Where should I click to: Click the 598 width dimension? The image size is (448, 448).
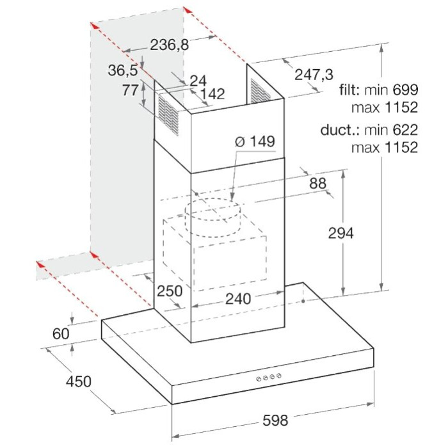[275, 420]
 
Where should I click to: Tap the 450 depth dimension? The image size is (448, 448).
[79, 381]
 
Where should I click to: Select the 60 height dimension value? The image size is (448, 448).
[61, 333]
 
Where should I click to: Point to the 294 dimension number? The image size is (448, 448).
[340, 234]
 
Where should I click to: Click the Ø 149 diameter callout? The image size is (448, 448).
[255, 141]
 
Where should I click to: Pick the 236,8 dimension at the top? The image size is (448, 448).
[170, 45]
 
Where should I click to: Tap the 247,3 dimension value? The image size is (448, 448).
[314, 75]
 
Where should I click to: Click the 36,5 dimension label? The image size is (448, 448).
[123, 70]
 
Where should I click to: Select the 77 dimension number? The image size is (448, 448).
[131, 90]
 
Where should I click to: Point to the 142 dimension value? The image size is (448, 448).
[212, 94]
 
